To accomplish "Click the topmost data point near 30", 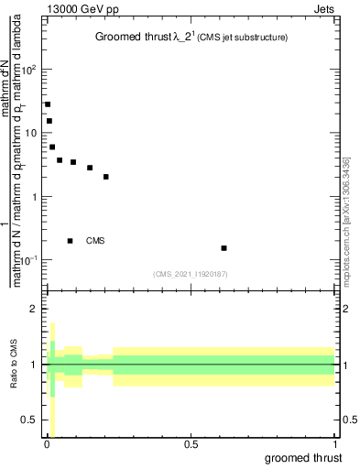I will pos(48,104).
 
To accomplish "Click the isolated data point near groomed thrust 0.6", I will pos(224,248).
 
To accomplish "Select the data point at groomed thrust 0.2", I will pos(106,177).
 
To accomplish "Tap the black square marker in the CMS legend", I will pos(71,241).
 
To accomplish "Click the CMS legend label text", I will pos(95,241).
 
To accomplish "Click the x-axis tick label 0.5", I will pos(191,444).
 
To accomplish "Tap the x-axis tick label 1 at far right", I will pos(333,444).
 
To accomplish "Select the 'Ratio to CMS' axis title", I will pos(14,365).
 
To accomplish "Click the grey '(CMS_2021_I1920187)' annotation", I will pos(190,273).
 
